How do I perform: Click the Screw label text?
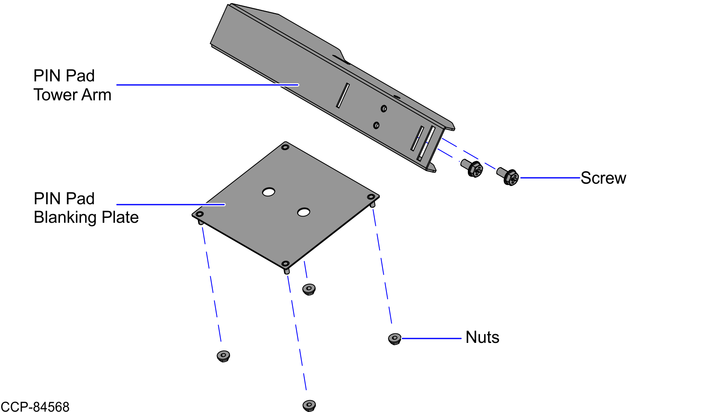pyautogui.click(x=603, y=178)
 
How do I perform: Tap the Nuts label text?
pyautogui.click(x=482, y=337)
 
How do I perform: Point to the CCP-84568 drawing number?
pyautogui.click(x=35, y=406)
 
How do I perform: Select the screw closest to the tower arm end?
pyautogui.click(x=472, y=168)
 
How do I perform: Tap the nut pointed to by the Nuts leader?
pyautogui.click(x=394, y=339)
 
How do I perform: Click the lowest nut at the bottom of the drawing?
pyautogui.click(x=309, y=406)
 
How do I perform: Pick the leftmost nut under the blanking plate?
pyautogui.click(x=223, y=356)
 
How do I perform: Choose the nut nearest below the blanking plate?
pyautogui.click(x=309, y=290)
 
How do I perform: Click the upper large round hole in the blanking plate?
pyautogui.click(x=269, y=192)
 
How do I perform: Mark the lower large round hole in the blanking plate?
pyautogui.click(x=303, y=213)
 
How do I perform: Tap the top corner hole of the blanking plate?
pyautogui.click(x=285, y=147)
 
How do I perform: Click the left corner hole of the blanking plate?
pyautogui.click(x=200, y=214)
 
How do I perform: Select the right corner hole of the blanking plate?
pyautogui.click(x=371, y=197)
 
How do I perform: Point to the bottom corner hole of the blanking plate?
pyautogui.click(x=285, y=263)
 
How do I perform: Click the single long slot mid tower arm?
pyautogui.click(x=343, y=95)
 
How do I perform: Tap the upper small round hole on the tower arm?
pyautogui.click(x=384, y=109)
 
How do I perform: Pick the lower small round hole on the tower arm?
pyautogui.click(x=376, y=125)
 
